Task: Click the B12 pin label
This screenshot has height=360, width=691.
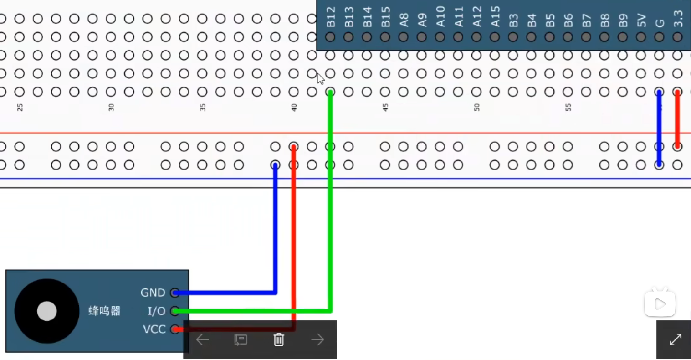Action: tap(331, 17)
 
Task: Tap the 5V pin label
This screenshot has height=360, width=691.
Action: tap(641, 20)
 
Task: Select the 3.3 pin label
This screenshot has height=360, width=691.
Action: tap(678, 19)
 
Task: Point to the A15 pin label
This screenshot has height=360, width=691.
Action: tap(496, 17)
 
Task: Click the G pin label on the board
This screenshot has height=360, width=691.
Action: tap(660, 23)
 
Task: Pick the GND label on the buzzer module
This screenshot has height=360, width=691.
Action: tap(153, 293)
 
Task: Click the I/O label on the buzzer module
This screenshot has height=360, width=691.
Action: tap(156, 311)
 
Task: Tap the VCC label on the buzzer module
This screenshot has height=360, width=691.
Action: tap(154, 329)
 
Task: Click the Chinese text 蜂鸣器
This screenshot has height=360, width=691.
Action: tap(104, 311)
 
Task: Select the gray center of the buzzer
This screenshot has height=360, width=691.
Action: tap(47, 311)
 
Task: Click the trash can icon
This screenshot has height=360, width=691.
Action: tap(279, 339)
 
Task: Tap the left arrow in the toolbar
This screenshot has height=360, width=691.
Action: tap(202, 339)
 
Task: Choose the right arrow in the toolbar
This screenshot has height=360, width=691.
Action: tap(317, 339)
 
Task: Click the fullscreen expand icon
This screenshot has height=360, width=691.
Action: tap(675, 339)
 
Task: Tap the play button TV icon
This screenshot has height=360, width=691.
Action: tap(660, 303)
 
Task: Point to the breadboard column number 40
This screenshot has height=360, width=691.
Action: tap(294, 108)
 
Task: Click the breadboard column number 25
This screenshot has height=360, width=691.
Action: tap(20, 108)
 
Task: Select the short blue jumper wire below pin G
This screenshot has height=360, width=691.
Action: tap(659, 128)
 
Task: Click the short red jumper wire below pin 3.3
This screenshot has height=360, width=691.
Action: tap(677, 119)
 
